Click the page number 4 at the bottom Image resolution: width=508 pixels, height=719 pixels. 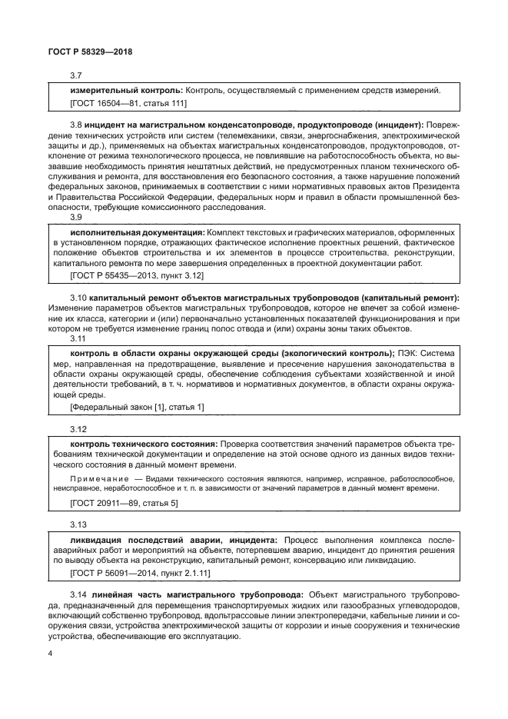(x=50, y=654)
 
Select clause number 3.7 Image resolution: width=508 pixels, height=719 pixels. (x=76, y=75)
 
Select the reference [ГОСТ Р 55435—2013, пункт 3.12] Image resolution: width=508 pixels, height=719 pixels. (x=136, y=275)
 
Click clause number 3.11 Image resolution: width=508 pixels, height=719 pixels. (x=78, y=338)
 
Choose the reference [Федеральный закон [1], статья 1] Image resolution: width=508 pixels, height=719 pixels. (x=137, y=406)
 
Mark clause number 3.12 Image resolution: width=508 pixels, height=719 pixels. (x=78, y=428)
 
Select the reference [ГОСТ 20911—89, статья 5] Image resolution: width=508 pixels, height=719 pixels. (x=124, y=502)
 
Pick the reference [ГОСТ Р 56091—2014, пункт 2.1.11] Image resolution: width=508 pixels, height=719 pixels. (x=140, y=573)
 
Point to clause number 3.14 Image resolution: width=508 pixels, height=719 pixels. (x=78, y=596)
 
